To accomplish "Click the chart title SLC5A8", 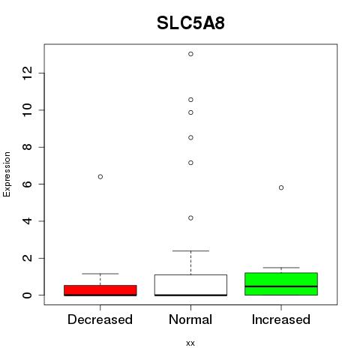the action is pos(190,23).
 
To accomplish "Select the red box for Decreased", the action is pos(100,290).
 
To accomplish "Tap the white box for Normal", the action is pos(190,285).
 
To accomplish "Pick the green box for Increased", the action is pos(281,284).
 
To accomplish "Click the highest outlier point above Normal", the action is pos(190,54).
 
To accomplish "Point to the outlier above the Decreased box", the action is pos(100,177).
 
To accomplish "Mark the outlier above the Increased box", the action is pos(281,187).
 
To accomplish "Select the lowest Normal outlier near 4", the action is pos(190,218).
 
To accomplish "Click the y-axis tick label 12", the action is pos(27,73).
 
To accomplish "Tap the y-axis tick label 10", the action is pos(27,110).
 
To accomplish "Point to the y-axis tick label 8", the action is pos(27,147).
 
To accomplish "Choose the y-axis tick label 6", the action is pos(27,184).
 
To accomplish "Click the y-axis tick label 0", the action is pos(27,295).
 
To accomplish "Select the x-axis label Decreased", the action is pos(100,319).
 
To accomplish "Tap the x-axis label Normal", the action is pos(190,319).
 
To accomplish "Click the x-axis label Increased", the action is pos(281,319).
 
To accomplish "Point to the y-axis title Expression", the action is pos(7,174).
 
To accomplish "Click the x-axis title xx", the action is pos(190,343).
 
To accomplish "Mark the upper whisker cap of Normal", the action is pos(190,250).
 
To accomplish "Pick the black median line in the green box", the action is pos(281,286).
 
